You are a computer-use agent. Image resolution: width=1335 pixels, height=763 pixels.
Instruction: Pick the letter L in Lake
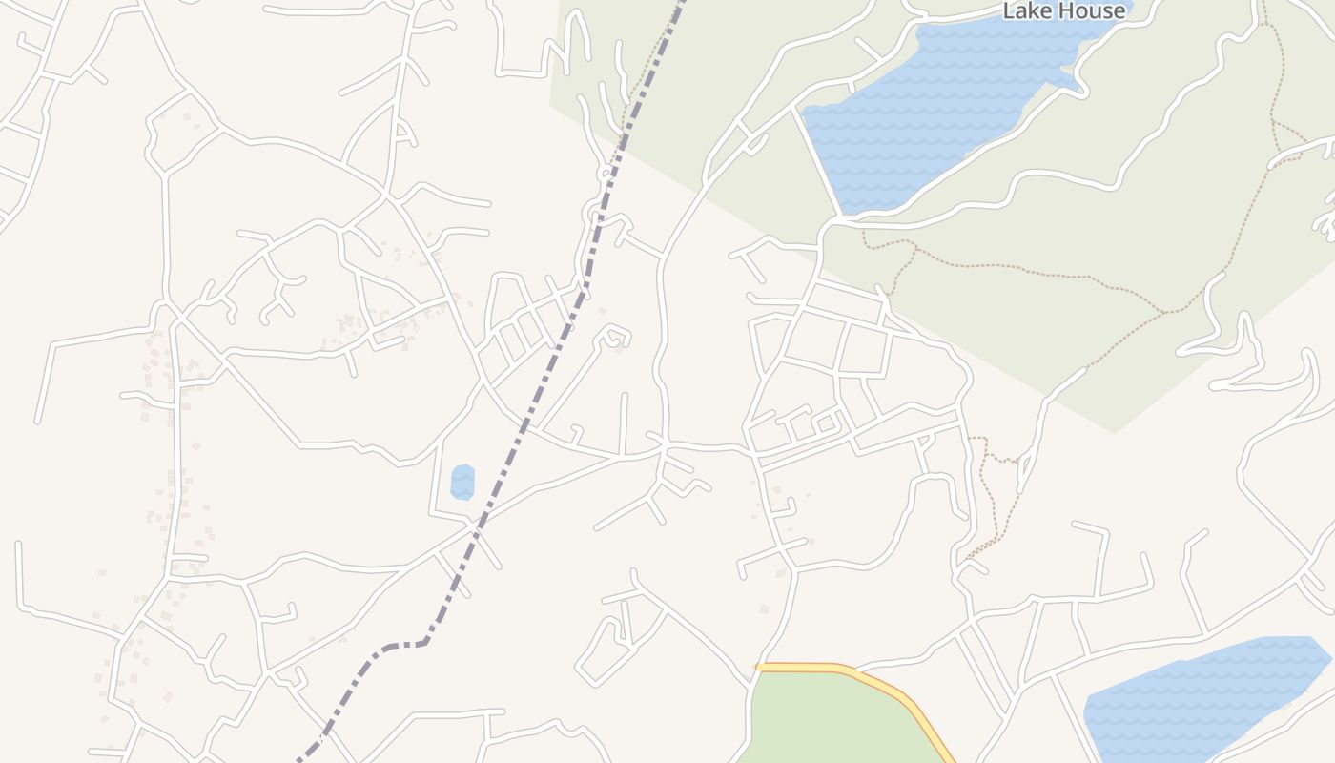tap(1009, 10)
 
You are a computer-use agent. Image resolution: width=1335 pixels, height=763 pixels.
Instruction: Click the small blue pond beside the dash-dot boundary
tap(462, 482)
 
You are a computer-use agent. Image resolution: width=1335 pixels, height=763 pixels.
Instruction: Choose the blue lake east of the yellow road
tap(1201, 696)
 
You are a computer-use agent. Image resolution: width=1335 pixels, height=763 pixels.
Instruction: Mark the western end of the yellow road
tap(759, 667)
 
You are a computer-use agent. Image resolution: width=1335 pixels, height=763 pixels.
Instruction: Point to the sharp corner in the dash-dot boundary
tap(426, 642)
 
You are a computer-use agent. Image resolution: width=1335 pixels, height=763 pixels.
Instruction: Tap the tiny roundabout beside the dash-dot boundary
tap(605, 174)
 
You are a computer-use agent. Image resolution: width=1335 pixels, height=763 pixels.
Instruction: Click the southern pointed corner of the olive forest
tap(1114, 432)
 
